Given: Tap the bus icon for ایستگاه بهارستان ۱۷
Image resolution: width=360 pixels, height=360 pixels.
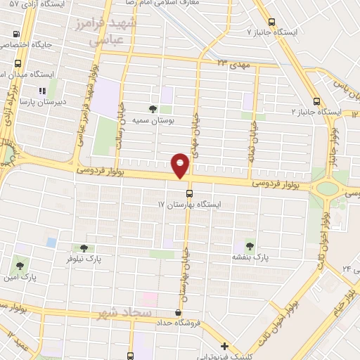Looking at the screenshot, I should pyautogui.click(x=189, y=192).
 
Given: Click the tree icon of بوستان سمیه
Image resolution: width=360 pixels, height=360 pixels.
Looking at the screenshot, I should pyautogui.click(x=153, y=108).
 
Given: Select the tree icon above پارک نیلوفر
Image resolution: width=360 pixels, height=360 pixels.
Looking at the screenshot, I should pyautogui.click(x=84, y=247).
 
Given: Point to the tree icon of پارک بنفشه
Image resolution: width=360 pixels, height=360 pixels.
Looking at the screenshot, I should pyautogui.click(x=249, y=245).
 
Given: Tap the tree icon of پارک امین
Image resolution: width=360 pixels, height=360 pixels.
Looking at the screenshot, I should pyautogui.click(x=20, y=266).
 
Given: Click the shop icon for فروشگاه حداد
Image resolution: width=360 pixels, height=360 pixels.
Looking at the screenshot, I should pyautogui.click(x=179, y=312).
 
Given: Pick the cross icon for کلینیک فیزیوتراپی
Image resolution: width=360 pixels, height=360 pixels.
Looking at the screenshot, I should pyautogui.click(x=224, y=346).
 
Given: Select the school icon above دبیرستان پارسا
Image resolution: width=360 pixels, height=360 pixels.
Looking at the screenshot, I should pyautogui.click(x=41, y=91).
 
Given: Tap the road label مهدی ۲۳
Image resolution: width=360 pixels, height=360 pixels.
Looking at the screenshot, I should pyautogui.click(x=233, y=63).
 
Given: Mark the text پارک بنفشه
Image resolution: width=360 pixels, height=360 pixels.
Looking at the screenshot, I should pyautogui.click(x=251, y=257).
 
